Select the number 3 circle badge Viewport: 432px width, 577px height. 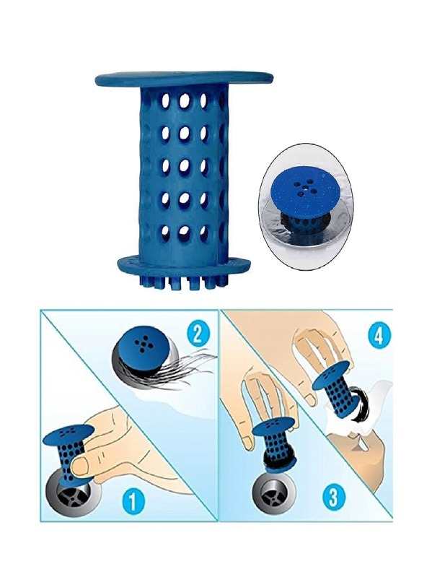tap(332, 496)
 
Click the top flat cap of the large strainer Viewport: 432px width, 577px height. tap(185, 79)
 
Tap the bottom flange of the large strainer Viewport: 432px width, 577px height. tap(185, 265)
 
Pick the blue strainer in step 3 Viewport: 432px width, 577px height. tap(275, 446)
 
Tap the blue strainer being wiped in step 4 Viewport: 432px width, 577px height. tap(338, 391)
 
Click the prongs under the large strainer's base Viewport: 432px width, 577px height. tap(184, 281)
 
